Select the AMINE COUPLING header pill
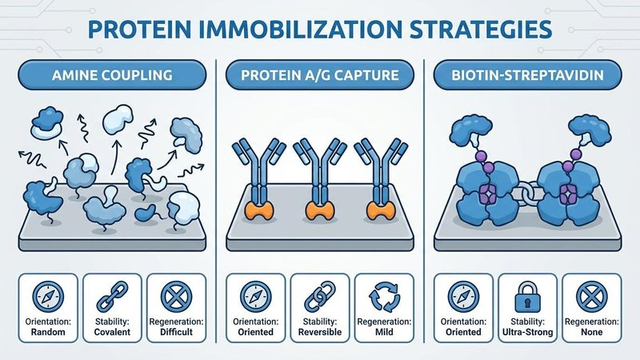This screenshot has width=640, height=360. click(112, 75)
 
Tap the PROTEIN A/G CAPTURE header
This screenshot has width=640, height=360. click(319, 75)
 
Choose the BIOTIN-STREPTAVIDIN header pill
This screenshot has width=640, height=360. click(527, 75)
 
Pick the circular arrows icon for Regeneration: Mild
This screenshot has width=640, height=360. click(384, 297)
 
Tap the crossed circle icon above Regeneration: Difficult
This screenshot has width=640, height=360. click(176, 297)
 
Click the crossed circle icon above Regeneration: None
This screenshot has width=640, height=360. click(591, 297)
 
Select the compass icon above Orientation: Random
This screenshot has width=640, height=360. click(48, 297)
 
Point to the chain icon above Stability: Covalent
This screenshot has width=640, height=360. click(112, 297)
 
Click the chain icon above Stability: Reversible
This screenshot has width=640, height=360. click(320, 297)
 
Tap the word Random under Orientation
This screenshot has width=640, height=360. click(48, 332)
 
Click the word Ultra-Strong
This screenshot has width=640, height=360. click(527, 332)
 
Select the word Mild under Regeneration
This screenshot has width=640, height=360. click(384, 332)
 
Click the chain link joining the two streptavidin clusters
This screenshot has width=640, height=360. click(528, 194)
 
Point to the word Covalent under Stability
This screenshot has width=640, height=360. click(112, 332)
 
